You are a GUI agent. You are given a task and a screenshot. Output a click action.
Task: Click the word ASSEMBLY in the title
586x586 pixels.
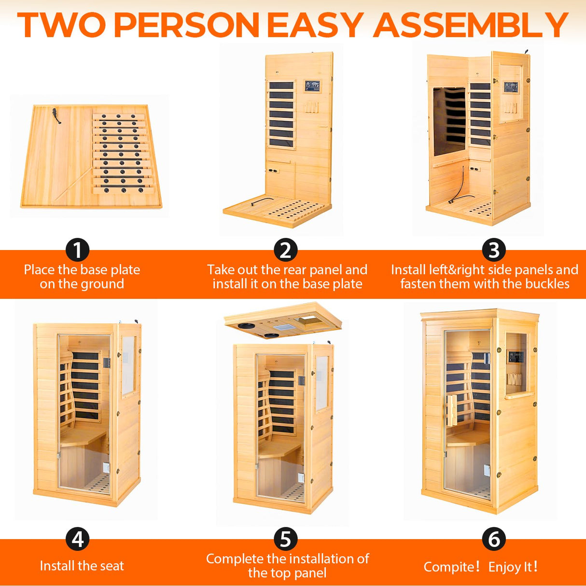pyautogui.click(x=471, y=25)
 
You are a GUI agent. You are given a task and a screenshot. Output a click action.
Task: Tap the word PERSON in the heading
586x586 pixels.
pyautogui.click(x=187, y=25)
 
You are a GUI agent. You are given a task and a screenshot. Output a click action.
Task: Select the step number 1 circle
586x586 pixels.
pyautogui.click(x=77, y=250)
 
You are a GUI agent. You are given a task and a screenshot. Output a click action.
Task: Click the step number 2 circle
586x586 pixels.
pyautogui.click(x=286, y=250)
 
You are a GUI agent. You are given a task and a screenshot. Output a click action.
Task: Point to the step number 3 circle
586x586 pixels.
pyautogui.click(x=494, y=250)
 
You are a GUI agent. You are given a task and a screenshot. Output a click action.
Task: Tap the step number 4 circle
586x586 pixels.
pyautogui.click(x=77, y=539)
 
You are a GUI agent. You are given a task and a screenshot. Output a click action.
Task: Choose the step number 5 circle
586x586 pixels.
pyautogui.click(x=286, y=539)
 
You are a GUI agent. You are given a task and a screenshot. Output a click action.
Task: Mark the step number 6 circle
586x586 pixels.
pyautogui.click(x=494, y=539)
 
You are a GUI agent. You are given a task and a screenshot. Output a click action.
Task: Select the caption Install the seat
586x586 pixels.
pyautogui.click(x=82, y=566)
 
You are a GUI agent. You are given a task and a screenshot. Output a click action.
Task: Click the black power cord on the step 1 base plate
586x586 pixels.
pyautogui.click(x=56, y=116)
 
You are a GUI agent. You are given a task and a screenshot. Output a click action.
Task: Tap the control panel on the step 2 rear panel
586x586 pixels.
pyautogui.click(x=312, y=86)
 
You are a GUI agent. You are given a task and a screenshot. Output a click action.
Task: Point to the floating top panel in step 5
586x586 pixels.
pyautogui.click(x=282, y=321)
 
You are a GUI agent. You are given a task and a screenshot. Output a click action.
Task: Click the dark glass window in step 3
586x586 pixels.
pyautogui.click(x=449, y=121)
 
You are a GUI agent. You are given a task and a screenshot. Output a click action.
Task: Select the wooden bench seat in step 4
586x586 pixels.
pyautogui.click(x=83, y=437)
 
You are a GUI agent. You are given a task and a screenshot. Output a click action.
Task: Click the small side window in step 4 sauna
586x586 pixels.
pyautogui.click(x=128, y=365)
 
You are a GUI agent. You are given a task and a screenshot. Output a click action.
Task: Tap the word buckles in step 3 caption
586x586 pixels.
pyautogui.click(x=547, y=284)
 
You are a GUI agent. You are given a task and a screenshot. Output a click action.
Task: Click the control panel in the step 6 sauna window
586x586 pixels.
pyautogui.click(x=515, y=358)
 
